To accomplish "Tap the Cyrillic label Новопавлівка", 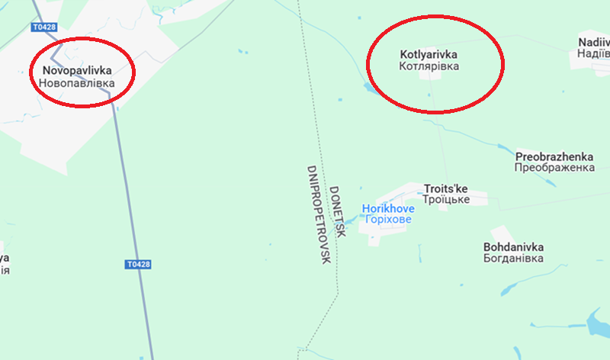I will [75, 82].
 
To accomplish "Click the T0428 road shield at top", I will [44, 27].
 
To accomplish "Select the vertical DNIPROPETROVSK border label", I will [318, 214].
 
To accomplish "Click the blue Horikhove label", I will [388, 207].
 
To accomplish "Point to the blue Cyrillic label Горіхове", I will [388, 219].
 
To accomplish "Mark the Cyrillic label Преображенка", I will [554, 167].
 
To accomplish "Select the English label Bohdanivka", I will [513, 247].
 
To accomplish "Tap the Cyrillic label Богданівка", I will [513, 259].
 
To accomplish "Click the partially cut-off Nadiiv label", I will [594, 42].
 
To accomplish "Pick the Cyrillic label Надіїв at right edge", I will [594, 53].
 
